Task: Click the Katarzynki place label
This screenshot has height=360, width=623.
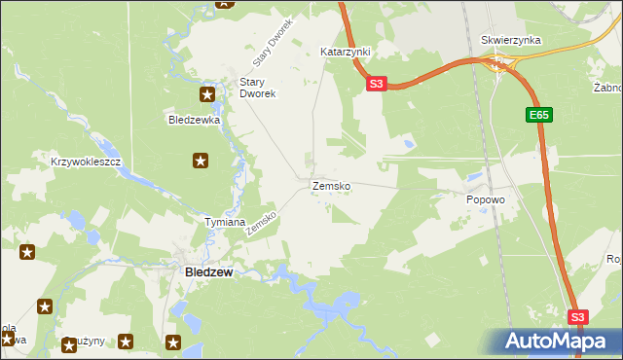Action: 346,51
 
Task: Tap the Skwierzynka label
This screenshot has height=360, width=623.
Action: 511,41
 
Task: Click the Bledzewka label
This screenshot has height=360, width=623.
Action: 195,121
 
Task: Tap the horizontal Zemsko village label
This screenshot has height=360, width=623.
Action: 331,185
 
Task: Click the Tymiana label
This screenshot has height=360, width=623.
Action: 224,223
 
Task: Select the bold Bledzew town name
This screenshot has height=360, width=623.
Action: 208,273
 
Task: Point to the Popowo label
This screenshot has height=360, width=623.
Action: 485,199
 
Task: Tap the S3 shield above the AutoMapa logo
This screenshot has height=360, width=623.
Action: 578,317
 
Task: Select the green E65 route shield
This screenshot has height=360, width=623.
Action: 540,115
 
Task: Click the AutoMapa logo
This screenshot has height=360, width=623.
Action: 555,341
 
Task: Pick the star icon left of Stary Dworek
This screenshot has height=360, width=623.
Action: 207,94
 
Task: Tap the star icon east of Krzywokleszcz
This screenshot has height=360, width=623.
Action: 201,161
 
